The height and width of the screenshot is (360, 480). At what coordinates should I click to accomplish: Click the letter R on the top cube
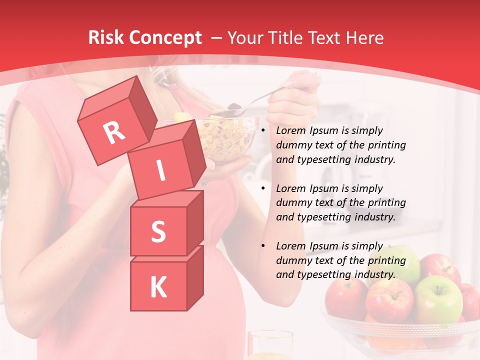pyautogui.click(x=114, y=132)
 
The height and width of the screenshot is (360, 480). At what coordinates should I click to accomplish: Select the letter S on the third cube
pyautogui.click(x=158, y=231)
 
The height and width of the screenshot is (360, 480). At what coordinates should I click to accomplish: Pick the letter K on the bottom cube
pyautogui.click(x=158, y=287)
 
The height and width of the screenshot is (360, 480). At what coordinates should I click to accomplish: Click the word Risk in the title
pyautogui.click(x=105, y=38)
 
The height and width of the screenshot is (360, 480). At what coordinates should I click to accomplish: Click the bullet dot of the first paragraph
pyautogui.click(x=263, y=131)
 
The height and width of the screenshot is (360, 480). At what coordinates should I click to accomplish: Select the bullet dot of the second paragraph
pyautogui.click(x=263, y=189)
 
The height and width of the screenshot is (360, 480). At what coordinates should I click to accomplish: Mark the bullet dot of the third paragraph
pyautogui.click(x=263, y=246)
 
